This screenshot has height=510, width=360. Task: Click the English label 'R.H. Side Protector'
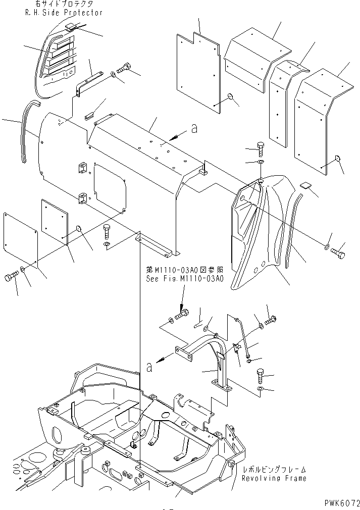(64, 12)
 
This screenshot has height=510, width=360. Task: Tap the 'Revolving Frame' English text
(274, 478)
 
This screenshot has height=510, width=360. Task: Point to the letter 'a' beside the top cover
(193, 130)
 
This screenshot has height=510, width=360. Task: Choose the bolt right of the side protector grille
(125, 68)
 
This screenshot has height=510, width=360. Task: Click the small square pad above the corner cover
(304, 185)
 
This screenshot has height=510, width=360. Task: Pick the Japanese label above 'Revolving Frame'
(274, 469)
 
